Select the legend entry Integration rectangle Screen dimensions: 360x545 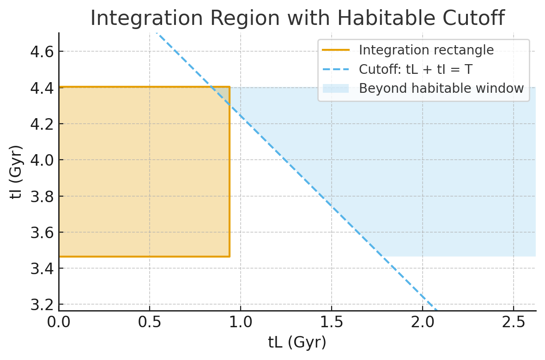pos(426,50)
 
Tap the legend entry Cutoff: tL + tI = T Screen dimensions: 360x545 pos(415,69)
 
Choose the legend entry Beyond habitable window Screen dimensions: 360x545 pos(441,88)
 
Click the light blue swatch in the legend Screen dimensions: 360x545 pos(336,88)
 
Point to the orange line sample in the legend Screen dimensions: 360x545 pos(336,50)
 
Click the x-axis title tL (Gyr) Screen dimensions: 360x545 pos(297,342)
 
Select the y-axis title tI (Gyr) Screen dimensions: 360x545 pos(17,172)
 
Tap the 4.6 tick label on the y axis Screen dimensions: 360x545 pos(41,51)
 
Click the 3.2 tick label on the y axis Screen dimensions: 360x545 pos(41,305)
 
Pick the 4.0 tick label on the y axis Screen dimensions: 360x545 pos(41,160)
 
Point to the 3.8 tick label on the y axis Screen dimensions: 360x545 pos(41,196)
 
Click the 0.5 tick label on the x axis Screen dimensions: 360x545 pos(150,322)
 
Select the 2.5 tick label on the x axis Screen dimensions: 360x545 pos(513,322)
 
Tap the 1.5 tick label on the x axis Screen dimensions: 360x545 pos(331,322)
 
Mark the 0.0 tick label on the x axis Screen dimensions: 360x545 pos(59,322)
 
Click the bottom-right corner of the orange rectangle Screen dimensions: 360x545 pos(230,256)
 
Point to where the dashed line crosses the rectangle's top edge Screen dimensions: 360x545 pos(211,87)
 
